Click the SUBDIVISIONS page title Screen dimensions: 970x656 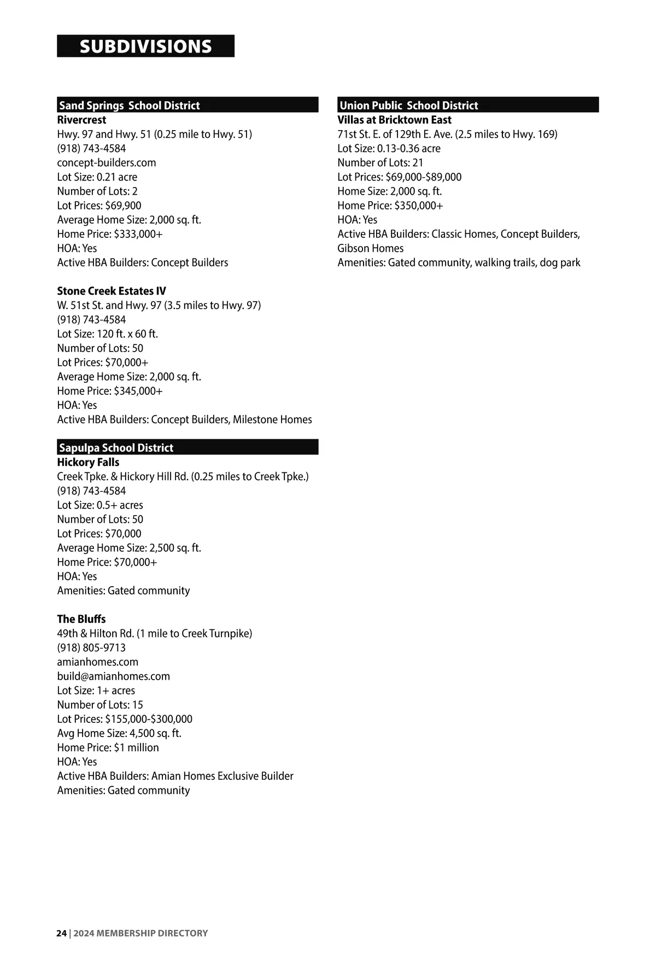[145, 46]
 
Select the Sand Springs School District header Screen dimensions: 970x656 [130, 106]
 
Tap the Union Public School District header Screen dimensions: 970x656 [409, 106]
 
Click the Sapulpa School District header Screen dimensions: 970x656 [116, 448]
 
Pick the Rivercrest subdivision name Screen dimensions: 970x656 [81, 120]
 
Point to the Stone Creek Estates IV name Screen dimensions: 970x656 [112, 291]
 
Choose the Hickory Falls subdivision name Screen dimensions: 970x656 [88, 462]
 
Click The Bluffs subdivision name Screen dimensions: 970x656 [81, 619]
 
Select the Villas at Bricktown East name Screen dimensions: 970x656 [394, 120]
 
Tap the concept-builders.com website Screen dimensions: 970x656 [107, 162]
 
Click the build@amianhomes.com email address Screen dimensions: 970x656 [113, 676]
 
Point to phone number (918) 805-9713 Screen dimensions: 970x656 [91, 647]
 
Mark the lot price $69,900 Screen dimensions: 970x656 [123, 205]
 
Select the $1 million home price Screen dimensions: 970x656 [136, 747]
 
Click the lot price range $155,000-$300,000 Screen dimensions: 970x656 [149, 719]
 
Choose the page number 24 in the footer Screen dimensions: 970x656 [61, 933]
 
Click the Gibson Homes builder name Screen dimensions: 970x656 [370, 248]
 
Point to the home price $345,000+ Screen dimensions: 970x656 [138, 391]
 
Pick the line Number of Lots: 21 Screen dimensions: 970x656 [380, 162]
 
